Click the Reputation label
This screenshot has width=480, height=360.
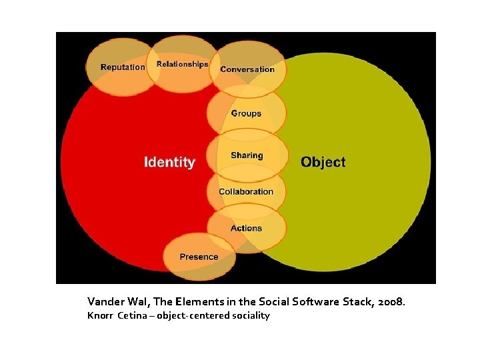[x=123, y=67]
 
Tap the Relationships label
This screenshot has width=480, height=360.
[x=182, y=65]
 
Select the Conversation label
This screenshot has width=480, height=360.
[x=247, y=69]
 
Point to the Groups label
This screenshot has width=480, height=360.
[x=246, y=113]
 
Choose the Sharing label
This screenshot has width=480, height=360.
[x=247, y=155]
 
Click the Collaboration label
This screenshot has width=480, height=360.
[x=246, y=191]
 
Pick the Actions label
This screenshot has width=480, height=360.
[x=246, y=228]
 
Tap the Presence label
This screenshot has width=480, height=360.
[x=199, y=257]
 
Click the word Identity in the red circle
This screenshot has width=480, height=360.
[x=170, y=162]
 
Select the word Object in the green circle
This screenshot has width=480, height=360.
[x=323, y=162]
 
